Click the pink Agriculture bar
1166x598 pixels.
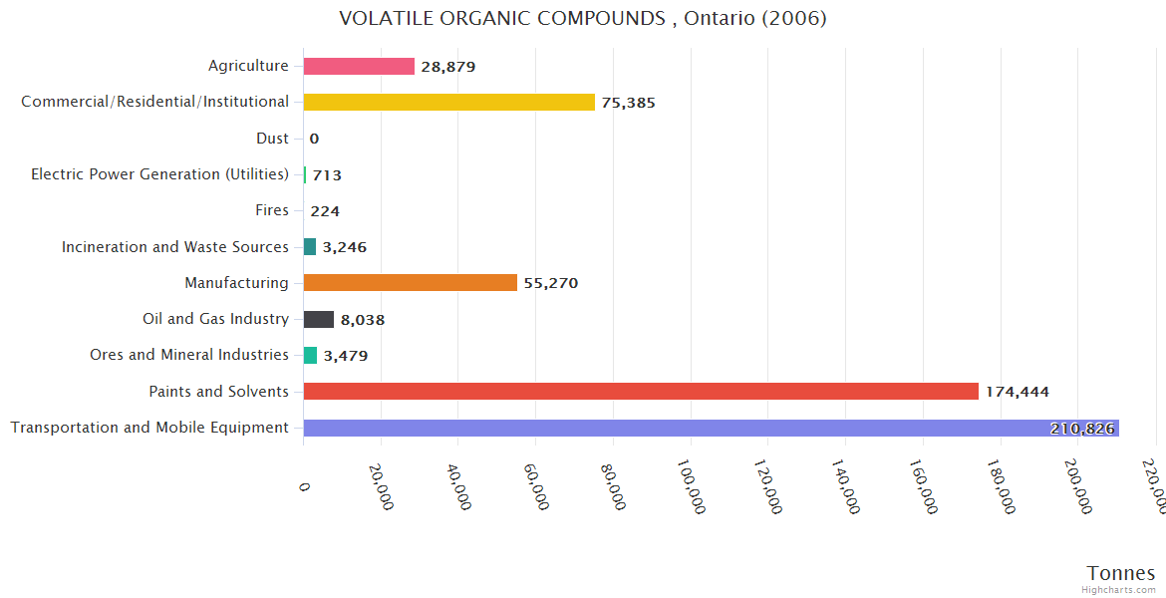point(359,67)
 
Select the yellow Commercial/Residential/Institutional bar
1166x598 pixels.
point(448,102)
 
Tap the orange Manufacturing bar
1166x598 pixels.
point(410,283)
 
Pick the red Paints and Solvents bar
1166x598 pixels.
point(641,392)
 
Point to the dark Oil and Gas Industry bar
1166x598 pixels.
point(319,320)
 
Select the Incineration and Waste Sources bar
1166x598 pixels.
point(310,247)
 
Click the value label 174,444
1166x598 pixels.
point(1017,392)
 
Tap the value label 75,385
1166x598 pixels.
point(628,103)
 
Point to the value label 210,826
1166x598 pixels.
point(1083,429)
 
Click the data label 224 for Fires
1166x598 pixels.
point(325,211)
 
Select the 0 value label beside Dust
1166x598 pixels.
point(314,139)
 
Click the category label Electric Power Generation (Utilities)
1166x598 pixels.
point(159,174)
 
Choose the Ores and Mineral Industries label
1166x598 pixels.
point(189,355)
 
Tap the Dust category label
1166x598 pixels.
point(272,139)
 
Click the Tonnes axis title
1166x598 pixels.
point(1120,573)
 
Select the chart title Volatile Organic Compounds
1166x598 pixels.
point(583,18)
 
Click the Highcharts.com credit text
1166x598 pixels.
point(1121,590)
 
